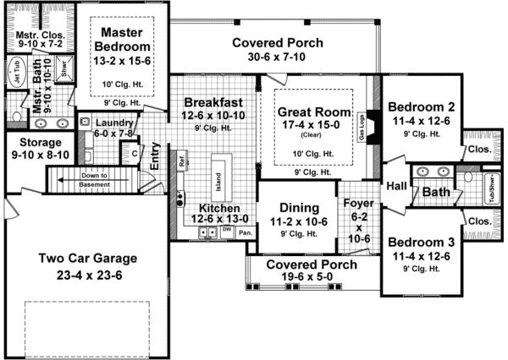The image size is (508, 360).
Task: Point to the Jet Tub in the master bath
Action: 14,69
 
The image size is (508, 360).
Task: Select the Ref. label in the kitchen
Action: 181,158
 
